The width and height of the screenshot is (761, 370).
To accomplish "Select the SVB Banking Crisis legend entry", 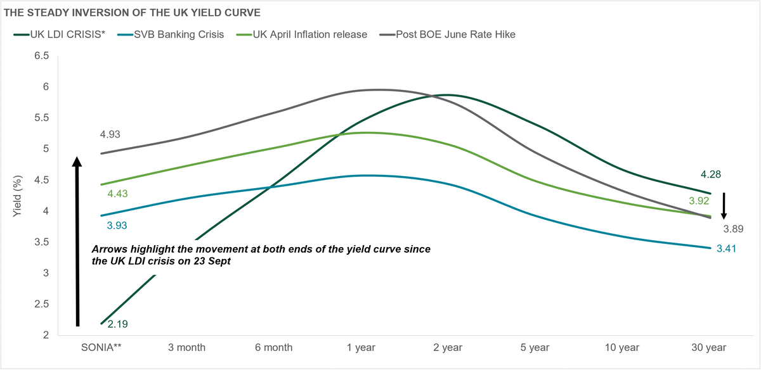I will point(178,34).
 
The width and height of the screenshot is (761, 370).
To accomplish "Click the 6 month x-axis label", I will point(275,347).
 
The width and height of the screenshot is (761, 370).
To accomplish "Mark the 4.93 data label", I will point(110,134).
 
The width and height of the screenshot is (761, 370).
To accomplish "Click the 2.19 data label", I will point(117,324).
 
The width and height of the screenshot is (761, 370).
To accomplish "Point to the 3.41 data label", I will point(727,248).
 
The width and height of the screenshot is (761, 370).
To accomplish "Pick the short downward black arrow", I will point(724,206).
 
